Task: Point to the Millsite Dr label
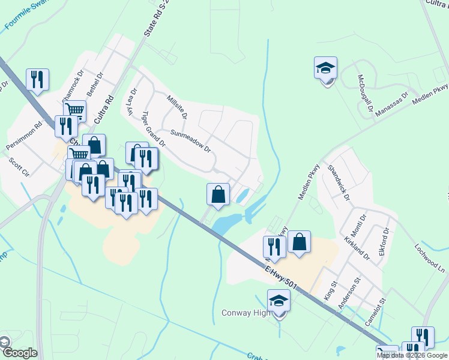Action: point(177,106)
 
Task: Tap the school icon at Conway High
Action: point(279,301)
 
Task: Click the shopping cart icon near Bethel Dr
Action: point(75,110)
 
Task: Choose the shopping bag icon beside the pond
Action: point(218,194)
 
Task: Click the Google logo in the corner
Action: point(19,353)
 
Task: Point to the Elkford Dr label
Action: point(385,241)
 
